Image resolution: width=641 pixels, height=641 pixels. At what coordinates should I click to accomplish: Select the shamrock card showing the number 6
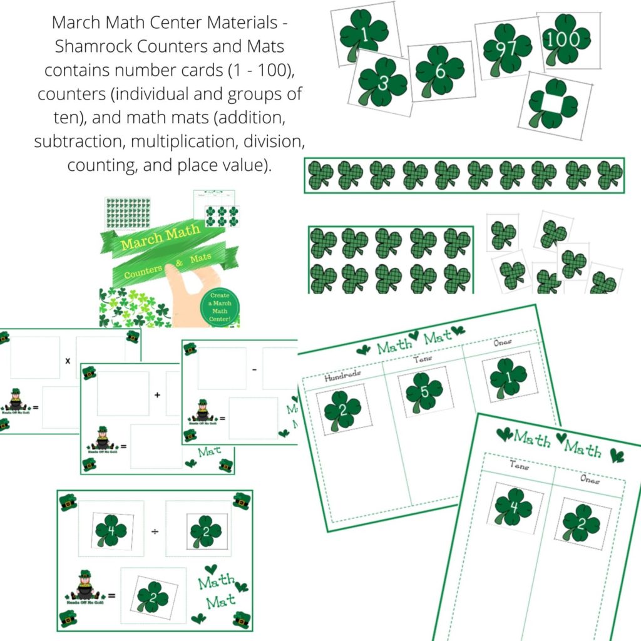pyautogui.click(x=440, y=71)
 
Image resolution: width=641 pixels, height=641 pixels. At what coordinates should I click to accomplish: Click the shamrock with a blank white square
pyautogui.click(x=553, y=103)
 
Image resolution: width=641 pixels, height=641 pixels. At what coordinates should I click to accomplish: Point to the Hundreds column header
pyautogui.click(x=343, y=376)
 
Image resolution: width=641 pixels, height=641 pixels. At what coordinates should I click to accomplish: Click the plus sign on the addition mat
pyautogui.click(x=157, y=395)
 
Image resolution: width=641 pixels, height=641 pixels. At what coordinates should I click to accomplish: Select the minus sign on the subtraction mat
pyautogui.click(x=254, y=370)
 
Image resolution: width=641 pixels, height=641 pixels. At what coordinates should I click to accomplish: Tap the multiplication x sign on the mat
pyautogui.click(x=68, y=361)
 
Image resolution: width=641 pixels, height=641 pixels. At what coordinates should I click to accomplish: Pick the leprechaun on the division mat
pyautogui.click(x=85, y=586)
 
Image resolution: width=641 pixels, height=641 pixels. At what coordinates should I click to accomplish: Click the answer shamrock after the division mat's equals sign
pyautogui.click(x=153, y=596)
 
